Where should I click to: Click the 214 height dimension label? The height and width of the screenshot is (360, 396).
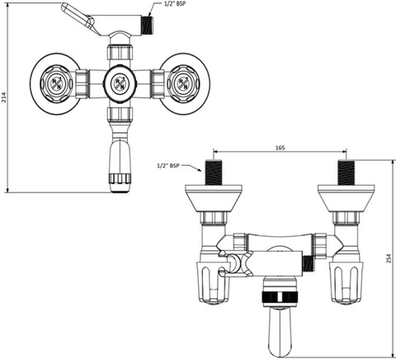[x=3, y=97]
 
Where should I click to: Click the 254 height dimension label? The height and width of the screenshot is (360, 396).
[x=389, y=258]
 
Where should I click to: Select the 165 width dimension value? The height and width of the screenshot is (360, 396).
[x=280, y=148]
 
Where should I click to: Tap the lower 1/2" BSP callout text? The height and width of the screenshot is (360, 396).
[x=167, y=166]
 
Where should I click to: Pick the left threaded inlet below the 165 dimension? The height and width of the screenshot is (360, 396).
[x=214, y=172]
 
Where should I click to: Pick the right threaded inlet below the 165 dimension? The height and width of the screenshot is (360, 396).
[x=346, y=172]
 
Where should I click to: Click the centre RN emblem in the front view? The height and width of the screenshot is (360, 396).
[x=120, y=83]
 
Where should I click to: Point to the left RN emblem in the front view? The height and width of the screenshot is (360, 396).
[x=56, y=83]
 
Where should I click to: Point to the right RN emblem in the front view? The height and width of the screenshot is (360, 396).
[x=183, y=83]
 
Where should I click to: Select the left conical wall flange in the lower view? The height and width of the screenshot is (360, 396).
[x=214, y=198]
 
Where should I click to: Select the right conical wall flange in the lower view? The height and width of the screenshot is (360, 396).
[x=346, y=198]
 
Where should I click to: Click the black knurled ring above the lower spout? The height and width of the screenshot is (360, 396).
[x=280, y=297]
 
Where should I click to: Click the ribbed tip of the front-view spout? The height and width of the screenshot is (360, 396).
[x=120, y=178]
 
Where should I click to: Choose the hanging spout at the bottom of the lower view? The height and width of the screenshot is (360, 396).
[x=280, y=333]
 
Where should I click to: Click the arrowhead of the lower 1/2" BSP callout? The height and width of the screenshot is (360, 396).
[x=200, y=169]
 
